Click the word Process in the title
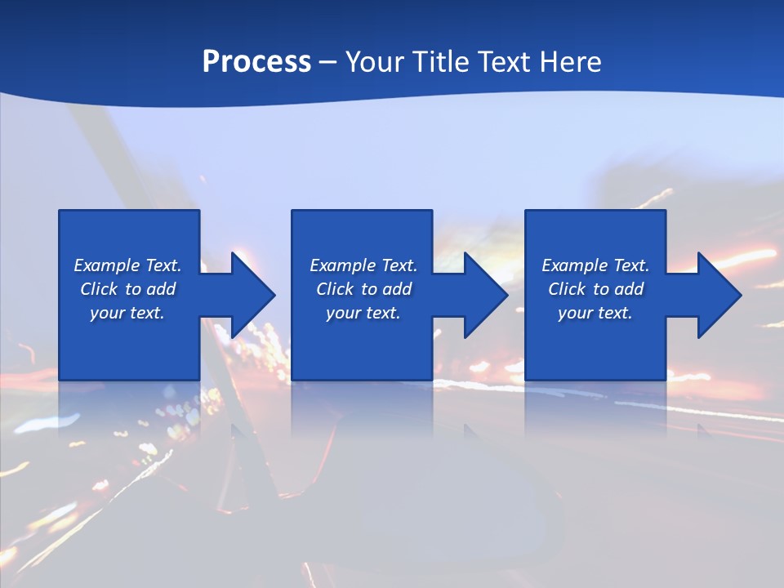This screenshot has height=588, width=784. coord(256,62)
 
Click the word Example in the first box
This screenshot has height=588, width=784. coord(107,265)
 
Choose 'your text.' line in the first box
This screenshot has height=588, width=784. coord(127,313)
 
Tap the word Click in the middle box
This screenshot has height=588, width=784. coord(335,289)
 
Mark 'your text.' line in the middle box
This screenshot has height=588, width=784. coord(363,313)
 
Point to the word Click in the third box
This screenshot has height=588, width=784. coord(567,289)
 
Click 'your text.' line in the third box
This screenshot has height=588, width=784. coord(595,313)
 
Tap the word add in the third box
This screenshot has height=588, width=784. coord(627,289)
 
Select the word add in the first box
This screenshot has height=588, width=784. coord(159,289)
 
